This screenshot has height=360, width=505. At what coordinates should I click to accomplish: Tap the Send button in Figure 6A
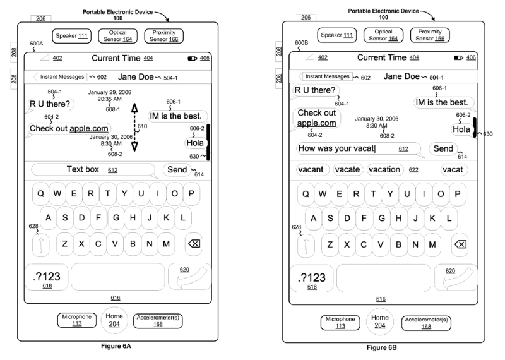click(x=177, y=169)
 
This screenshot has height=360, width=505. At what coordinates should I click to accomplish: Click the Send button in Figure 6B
click(x=443, y=148)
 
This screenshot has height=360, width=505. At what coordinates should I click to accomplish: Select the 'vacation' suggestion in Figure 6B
click(x=384, y=169)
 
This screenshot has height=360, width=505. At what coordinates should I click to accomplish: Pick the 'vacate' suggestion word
click(x=347, y=169)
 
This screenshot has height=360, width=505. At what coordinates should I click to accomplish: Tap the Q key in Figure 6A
click(x=40, y=194)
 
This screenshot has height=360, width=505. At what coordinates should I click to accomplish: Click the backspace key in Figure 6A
click(x=194, y=244)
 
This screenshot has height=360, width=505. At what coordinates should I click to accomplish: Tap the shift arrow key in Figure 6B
click(x=306, y=245)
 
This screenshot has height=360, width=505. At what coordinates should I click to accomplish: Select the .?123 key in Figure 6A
click(x=47, y=277)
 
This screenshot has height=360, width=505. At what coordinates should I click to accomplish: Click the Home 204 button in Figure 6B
click(x=380, y=321)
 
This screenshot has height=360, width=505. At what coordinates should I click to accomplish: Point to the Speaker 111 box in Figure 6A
click(x=71, y=36)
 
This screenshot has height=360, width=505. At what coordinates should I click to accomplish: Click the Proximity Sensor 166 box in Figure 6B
click(x=430, y=35)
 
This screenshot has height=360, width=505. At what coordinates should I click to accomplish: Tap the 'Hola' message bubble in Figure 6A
click(x=195, y=143)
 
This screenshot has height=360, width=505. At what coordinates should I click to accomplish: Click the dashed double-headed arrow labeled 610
click(x=134, y=128)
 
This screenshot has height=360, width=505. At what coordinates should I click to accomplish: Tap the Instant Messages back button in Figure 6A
click(x=60, y=77)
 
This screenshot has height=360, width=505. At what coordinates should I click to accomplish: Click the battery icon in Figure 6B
click(x=458, y=57)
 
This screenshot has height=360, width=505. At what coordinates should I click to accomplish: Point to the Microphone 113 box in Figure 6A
click(x=77, y=320)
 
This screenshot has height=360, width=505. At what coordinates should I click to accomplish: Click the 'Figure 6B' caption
click(x=382, y=348)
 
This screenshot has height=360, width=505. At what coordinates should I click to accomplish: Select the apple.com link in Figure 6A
click(x=89, y=129)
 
